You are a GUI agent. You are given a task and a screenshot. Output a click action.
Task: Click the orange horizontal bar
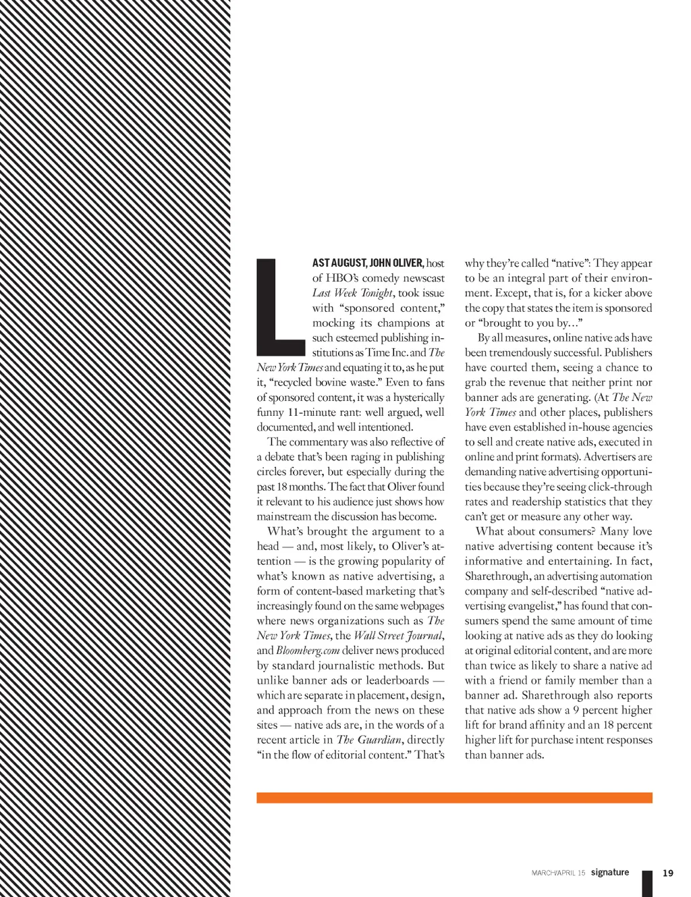coord(454,798)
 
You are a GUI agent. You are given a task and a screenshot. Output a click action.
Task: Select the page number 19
coord(668,873)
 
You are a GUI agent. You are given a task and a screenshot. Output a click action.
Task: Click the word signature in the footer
coord(610,873)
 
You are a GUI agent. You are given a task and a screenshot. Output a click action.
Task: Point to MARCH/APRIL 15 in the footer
coord(558,873)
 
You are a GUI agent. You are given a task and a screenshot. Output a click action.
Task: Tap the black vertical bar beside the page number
coord(647,884)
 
